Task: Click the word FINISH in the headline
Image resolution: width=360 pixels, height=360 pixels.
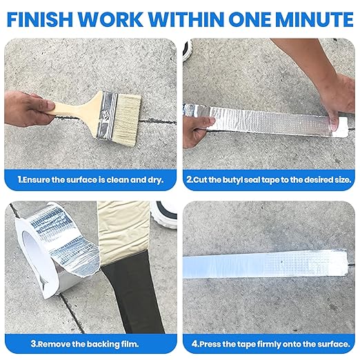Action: point(39,19)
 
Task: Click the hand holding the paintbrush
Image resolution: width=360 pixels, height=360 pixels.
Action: point(29,109)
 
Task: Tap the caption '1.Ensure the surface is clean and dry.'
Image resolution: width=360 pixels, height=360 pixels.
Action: point(90,180)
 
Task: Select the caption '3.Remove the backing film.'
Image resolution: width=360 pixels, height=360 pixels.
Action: point(85,344)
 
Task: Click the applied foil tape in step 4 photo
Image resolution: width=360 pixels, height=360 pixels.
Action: point(265,264)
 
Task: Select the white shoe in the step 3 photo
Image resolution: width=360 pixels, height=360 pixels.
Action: point(164,215)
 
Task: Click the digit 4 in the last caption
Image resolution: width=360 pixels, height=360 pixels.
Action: point(194,344)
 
